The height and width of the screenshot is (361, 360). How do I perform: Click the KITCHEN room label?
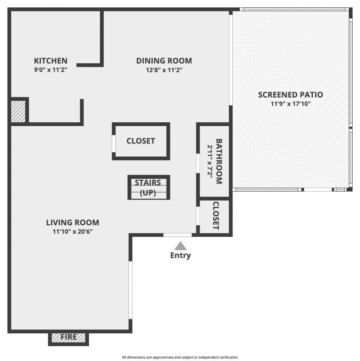coord(50,61)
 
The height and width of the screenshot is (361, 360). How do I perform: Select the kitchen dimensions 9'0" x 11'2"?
coord(50,70)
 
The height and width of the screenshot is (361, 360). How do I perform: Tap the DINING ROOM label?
coord(164,61)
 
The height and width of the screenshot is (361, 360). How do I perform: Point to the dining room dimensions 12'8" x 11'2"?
coord(164,70)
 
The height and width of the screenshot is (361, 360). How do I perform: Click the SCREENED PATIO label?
coord(290,95)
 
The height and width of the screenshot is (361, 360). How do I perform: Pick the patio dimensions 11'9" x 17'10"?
coord(290,104)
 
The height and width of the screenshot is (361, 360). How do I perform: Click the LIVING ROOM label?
coord(73,222)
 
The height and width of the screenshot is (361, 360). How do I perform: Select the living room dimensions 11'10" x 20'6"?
coord(73,231)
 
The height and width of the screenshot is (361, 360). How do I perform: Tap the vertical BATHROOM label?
coord(219,161)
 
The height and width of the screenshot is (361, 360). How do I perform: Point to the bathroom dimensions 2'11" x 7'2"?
coord(210,161)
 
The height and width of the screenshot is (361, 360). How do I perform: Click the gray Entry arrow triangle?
coord(181,246)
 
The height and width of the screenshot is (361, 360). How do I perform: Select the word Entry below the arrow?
coord(181,255)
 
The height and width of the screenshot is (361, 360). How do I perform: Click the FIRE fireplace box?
coord(69,338)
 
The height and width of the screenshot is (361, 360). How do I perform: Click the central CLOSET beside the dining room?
coord(141,141)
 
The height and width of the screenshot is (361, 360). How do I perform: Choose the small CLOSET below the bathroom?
coord(216,216)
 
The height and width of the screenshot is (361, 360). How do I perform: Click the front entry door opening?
coord(177,235)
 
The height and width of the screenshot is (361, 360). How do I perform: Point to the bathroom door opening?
coord(198,163)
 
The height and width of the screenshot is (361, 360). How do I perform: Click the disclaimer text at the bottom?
coord(180,357)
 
